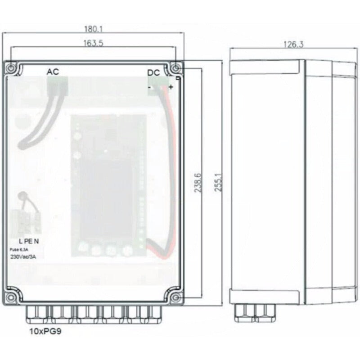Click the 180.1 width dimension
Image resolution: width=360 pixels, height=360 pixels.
(x=93, y=29)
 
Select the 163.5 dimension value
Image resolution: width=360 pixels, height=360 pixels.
(x=93, y=43)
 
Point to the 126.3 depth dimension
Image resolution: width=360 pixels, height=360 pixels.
(x=293, y=44)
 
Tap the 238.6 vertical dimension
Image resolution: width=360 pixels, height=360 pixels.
(x=198, y=183)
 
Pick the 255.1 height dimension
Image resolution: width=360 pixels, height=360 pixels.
(x=218, y=182)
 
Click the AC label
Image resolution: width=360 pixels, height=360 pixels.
(x=53, y=72)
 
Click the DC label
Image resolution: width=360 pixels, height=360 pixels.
(x=153, y=73)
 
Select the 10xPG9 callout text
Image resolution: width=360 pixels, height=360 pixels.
(x=45, y=331)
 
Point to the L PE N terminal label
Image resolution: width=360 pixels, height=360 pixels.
(x=29, y=241)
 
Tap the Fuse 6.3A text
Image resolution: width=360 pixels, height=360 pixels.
(x=19, y=250)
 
